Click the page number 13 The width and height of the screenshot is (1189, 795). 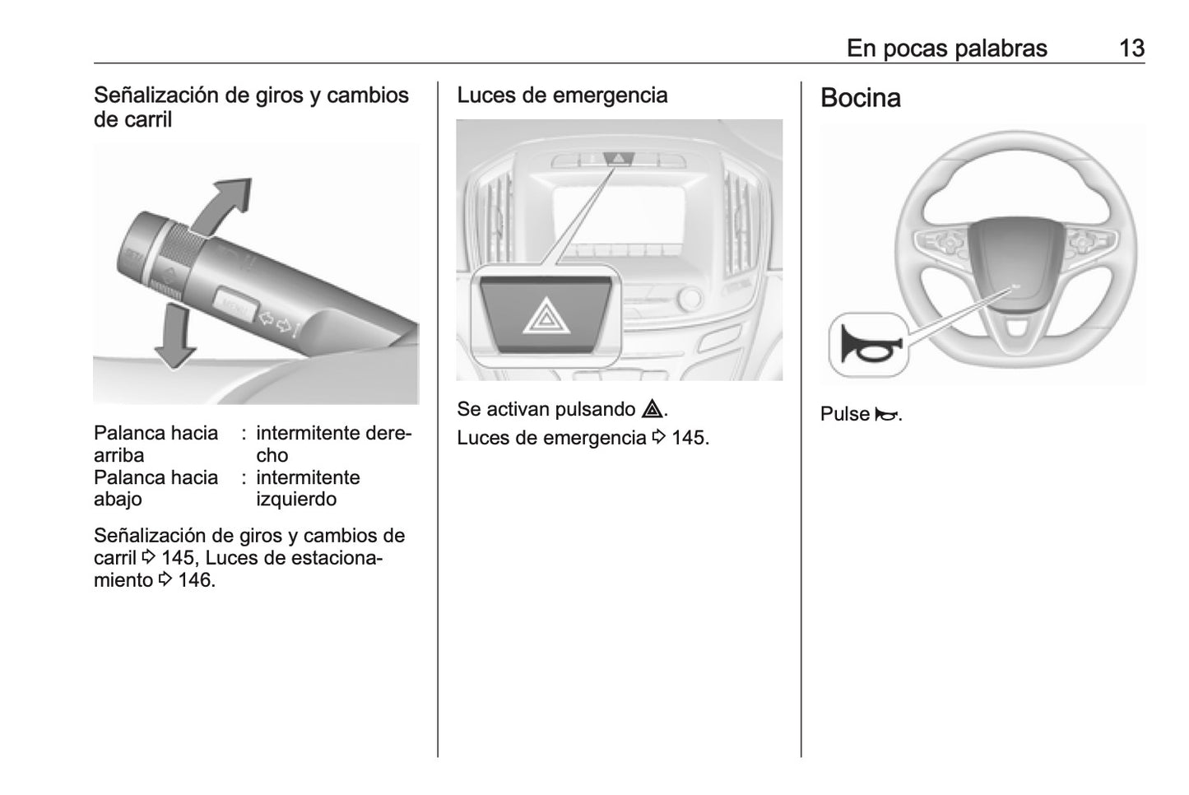(1131, 49)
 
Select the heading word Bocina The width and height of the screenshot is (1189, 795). (860, 98)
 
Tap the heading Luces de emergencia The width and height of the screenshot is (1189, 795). (562, 95)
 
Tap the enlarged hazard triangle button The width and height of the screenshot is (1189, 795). (543, 316)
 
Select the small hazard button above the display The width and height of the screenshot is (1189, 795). (619, 157)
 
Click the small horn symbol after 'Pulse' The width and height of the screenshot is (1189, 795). (885, 414)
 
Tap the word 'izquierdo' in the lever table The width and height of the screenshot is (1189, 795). (296, 500)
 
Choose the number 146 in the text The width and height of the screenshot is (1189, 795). (195, 580)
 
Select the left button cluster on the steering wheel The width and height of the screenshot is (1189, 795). (944, 242)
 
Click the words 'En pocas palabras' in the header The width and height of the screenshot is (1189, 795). (946, 49)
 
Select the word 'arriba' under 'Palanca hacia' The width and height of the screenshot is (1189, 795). (118, 455)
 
